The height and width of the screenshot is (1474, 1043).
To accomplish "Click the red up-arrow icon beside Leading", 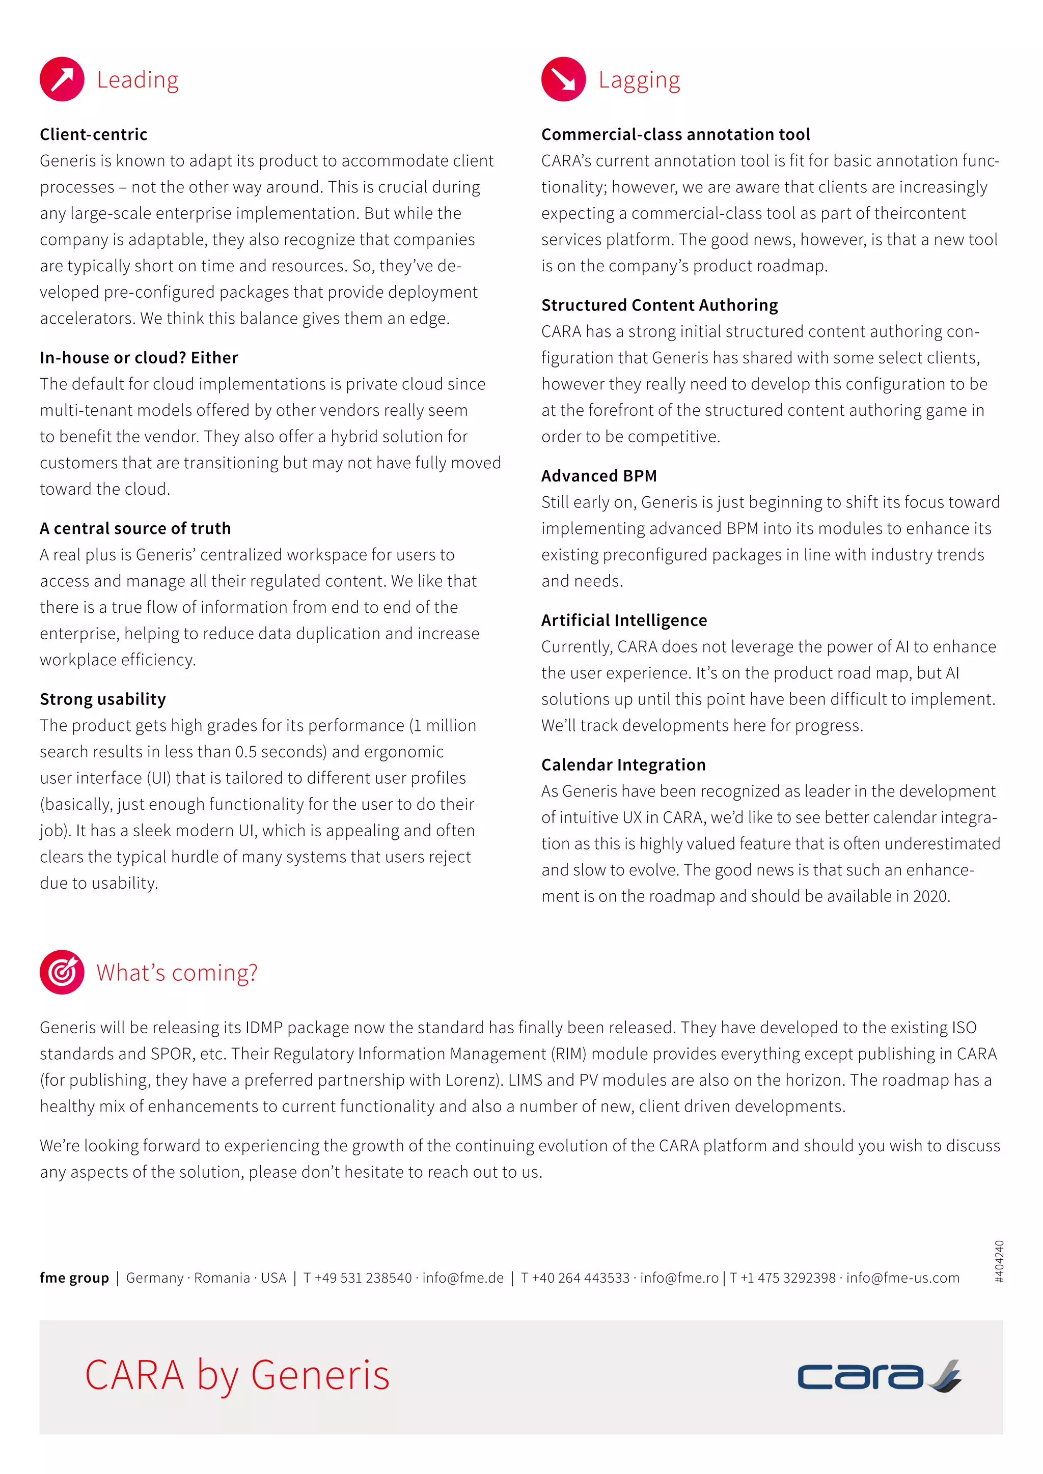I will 62,79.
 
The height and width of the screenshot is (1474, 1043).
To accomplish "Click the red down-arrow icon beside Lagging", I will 563,79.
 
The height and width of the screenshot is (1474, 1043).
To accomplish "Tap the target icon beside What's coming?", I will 62,972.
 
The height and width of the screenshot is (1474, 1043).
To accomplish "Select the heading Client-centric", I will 94,134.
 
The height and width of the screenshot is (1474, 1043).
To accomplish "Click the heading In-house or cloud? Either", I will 139,358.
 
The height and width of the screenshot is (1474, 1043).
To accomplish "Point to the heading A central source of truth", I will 135,528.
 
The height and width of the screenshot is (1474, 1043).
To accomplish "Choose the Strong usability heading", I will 103,699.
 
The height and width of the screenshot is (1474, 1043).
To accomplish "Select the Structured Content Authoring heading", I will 660,305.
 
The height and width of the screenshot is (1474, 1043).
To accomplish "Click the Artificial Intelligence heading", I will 624,620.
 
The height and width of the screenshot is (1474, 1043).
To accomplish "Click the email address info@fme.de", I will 463,1278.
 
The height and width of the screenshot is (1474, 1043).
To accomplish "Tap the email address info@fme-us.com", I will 902,1278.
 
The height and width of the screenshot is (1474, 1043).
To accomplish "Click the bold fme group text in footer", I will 74,1278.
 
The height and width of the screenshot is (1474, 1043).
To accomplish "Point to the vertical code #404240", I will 999,1262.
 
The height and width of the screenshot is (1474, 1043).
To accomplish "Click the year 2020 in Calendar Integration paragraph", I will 931,896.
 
